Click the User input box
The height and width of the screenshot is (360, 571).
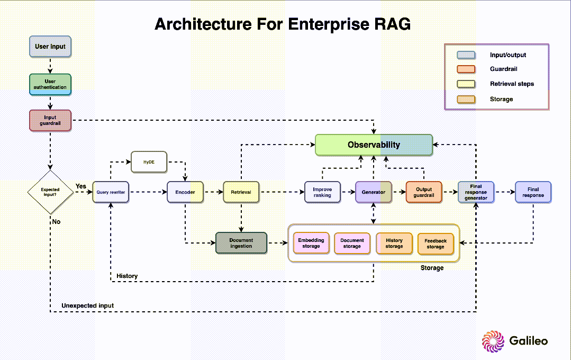tap(50, 46)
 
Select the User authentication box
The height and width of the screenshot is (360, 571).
tap(50, 84)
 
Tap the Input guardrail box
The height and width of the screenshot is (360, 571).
tap(50, 120)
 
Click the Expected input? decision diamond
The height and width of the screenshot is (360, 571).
tap(50, 192)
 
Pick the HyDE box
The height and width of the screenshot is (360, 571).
tap(149, 162)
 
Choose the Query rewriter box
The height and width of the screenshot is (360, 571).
tap(111, 192)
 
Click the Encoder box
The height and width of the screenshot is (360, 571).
tap(185, 192)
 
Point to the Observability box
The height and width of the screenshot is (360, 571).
tap(374, 145)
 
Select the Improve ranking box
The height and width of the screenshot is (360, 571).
tap(322, 192)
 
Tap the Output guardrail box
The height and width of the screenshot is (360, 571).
tap(424, 192)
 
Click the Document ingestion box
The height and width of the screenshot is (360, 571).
tap(241, 243)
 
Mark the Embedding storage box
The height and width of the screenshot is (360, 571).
tap(311, 243)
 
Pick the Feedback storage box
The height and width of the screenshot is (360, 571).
tap(436, 244)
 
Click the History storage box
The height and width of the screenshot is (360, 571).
tap(394, 243)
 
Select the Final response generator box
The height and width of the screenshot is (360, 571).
tap(476, 192)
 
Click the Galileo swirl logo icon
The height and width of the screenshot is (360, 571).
tap(493, 341)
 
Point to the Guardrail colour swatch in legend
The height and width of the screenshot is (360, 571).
tap(466, 69)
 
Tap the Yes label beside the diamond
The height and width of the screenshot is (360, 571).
tap(81, 186)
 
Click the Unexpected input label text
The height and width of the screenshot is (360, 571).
tap(87, 305)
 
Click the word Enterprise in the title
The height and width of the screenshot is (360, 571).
tap(323, 24)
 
